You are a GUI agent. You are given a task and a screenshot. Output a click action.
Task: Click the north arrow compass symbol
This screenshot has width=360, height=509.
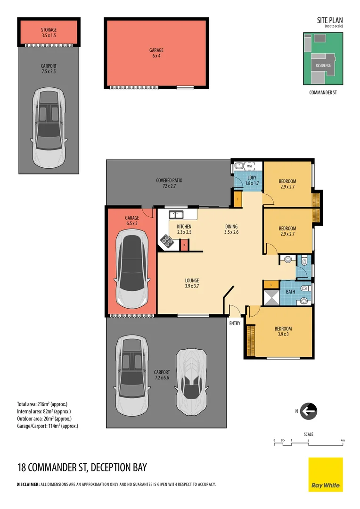coord(308,411)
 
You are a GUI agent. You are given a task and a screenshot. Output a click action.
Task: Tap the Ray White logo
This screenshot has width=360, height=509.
coord(326,475)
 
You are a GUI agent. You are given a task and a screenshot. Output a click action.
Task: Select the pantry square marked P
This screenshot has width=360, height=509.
coord(184,245)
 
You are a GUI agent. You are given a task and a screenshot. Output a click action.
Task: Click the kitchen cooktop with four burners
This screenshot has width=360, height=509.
coord(167,241)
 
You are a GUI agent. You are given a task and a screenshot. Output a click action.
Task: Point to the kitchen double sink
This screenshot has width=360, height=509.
coord(176,214)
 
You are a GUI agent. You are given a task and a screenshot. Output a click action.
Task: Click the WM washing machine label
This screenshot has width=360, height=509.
coord(249,166)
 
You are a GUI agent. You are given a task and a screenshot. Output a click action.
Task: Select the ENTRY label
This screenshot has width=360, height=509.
coord(235,323)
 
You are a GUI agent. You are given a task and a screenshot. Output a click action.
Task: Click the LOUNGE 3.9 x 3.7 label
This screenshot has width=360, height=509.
coord(192,283)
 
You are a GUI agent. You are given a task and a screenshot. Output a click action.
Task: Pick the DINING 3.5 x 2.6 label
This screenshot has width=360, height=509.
coord(231,229)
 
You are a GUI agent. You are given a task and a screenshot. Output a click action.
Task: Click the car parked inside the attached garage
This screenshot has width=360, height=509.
coord(132,270)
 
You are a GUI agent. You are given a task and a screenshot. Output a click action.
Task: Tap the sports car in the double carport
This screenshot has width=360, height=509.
coord(191,382)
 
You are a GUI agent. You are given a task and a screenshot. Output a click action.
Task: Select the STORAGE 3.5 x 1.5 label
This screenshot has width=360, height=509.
coord(49,33)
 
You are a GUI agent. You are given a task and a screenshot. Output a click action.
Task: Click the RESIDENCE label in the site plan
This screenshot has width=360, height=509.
coord(323,65)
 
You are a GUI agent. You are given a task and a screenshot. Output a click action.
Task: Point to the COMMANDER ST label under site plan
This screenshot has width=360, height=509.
coord(323,92)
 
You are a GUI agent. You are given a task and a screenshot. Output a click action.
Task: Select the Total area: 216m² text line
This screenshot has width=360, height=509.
coord(42,404)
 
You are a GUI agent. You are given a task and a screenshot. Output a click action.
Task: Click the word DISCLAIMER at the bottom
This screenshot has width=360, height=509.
coord(28,484)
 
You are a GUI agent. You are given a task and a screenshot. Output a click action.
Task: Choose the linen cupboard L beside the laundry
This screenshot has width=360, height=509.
coord(237,199)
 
